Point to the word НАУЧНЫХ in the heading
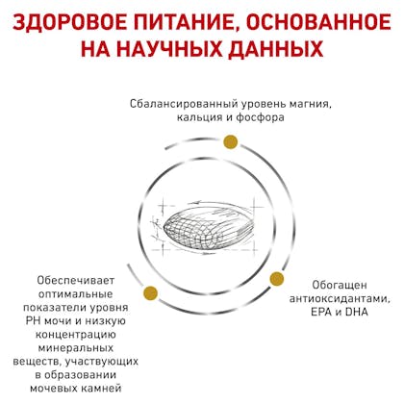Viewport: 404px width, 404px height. (167, 49)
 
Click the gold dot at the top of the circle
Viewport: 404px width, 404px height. (231, 142)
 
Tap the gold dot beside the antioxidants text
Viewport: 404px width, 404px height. (277, 279)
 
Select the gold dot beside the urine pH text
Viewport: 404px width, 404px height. (151, 292)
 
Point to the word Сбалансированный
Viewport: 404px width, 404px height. (185, 104)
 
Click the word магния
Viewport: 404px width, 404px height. (310, 105)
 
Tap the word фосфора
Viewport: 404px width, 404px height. (260, 117)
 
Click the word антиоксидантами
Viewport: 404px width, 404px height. (341, 299)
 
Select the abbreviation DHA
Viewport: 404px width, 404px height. (357, 312)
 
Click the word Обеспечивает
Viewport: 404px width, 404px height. (75, 280)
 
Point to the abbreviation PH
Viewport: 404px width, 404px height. (33, 321)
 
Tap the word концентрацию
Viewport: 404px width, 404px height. (75, 336)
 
